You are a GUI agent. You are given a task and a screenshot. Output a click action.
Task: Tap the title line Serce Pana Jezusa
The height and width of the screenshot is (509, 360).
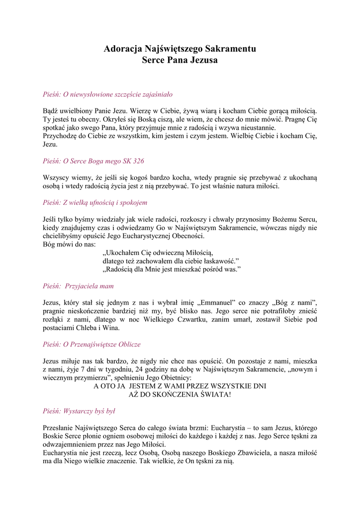(180, 60)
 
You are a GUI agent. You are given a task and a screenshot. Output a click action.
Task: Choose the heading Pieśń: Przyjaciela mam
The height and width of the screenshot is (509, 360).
(78, 286)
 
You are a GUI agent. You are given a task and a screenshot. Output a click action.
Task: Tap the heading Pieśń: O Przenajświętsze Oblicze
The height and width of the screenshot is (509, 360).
(91, 344)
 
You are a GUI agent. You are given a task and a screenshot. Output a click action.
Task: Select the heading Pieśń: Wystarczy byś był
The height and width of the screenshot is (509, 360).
(79, 411)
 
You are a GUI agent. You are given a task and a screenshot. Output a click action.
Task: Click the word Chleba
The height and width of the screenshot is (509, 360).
(86, 328)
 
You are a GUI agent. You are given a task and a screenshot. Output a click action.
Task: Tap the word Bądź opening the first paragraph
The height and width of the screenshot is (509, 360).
(52, 111)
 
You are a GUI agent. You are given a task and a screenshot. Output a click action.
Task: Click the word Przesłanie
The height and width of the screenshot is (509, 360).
(59, 428)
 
